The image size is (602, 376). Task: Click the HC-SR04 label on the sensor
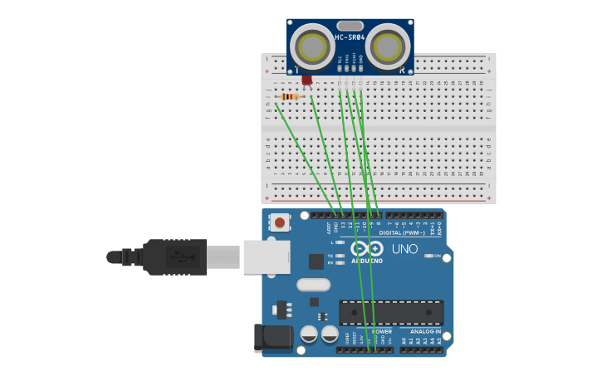point(350,37)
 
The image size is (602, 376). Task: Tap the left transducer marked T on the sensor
point(312,46)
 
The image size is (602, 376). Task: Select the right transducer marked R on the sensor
point(388,46)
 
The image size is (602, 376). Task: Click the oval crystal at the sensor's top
point(350,26)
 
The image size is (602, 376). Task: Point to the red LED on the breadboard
point(307,81)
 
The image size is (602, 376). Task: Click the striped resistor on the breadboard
point(289,97)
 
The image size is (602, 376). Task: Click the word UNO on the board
point(404,249)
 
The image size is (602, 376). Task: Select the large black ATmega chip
point(390,313)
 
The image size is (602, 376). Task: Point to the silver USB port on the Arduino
point(267,256)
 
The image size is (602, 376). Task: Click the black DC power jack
point(274,338)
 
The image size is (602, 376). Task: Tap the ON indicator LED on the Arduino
point(429,256)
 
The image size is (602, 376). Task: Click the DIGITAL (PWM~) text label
point(402,232)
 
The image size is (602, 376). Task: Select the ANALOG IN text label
point(427,331)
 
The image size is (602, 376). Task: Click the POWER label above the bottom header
point(381,331)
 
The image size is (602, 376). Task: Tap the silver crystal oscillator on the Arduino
point(313,285)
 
